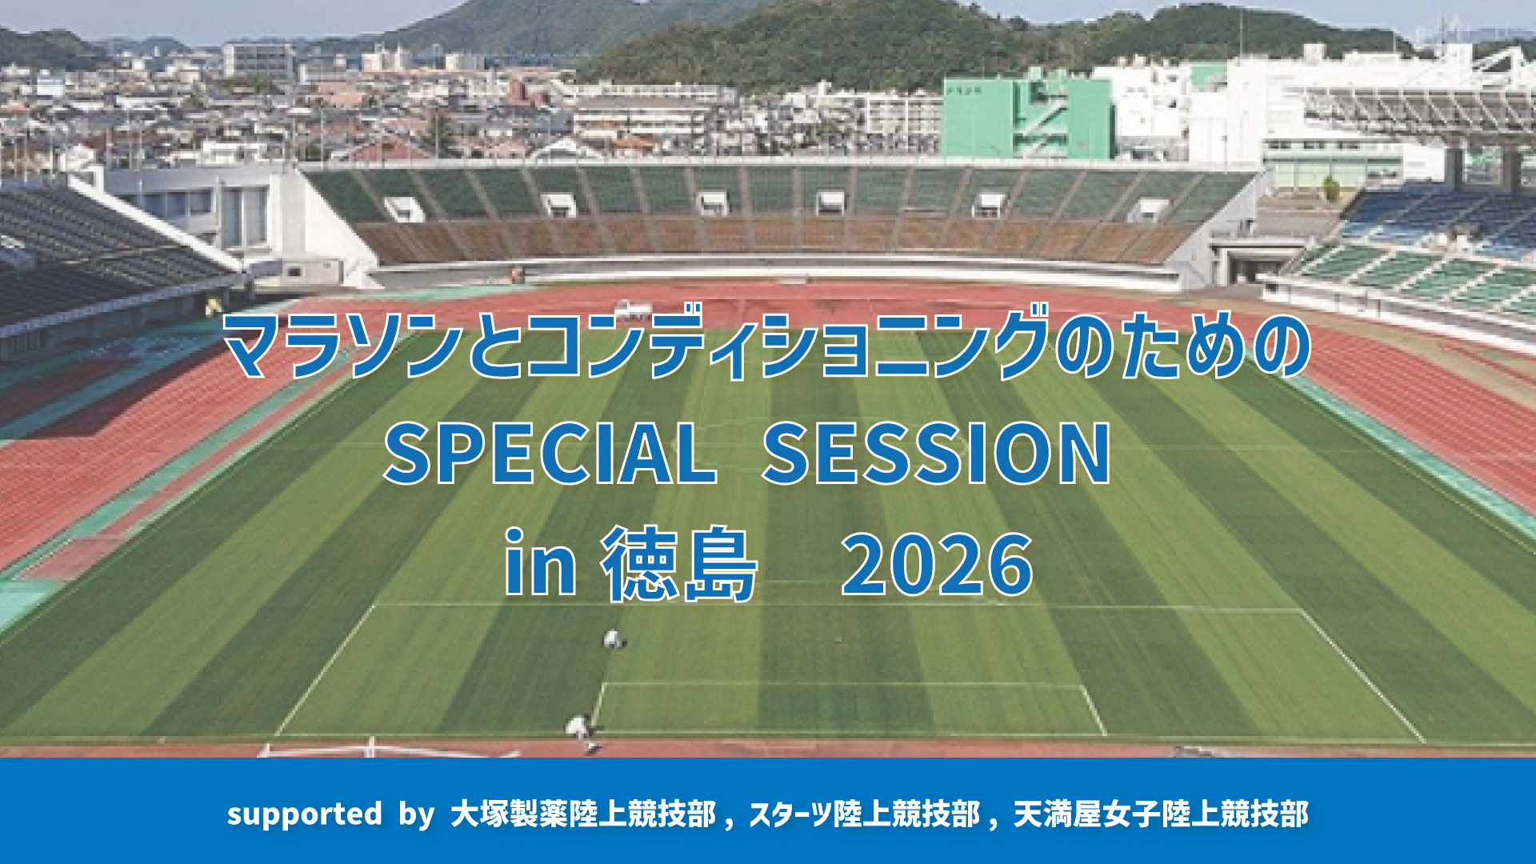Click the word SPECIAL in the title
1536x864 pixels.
(550, 454)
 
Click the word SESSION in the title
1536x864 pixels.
(936, 454)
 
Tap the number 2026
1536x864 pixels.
(937, 565)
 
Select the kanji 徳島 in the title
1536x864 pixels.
(678, 563)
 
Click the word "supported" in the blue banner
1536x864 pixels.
(304, 814)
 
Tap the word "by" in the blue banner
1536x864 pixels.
(417, 814)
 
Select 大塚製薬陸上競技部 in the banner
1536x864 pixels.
(583, 814)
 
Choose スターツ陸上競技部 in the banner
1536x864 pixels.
(865, 814)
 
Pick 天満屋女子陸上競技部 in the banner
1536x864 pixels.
(1161, 814)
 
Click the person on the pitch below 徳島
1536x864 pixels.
(614, 640)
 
